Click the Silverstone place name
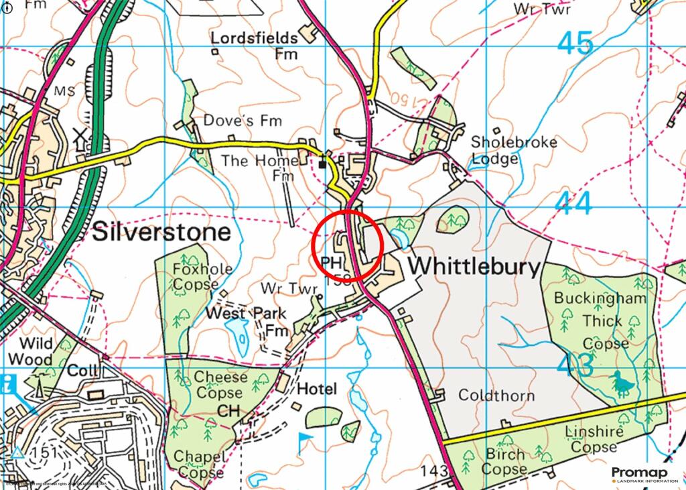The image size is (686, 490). [161, 233]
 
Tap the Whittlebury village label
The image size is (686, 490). [474, 266]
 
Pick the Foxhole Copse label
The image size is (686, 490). [194, 277]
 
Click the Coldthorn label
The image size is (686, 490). [496, 395]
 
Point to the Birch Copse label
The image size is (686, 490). [504, 462]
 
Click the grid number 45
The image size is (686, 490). [575, 45]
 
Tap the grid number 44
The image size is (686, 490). [573, 204]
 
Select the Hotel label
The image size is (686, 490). [317, 389]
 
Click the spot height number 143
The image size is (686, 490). [434, 472]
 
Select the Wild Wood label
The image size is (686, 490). [36, 351]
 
